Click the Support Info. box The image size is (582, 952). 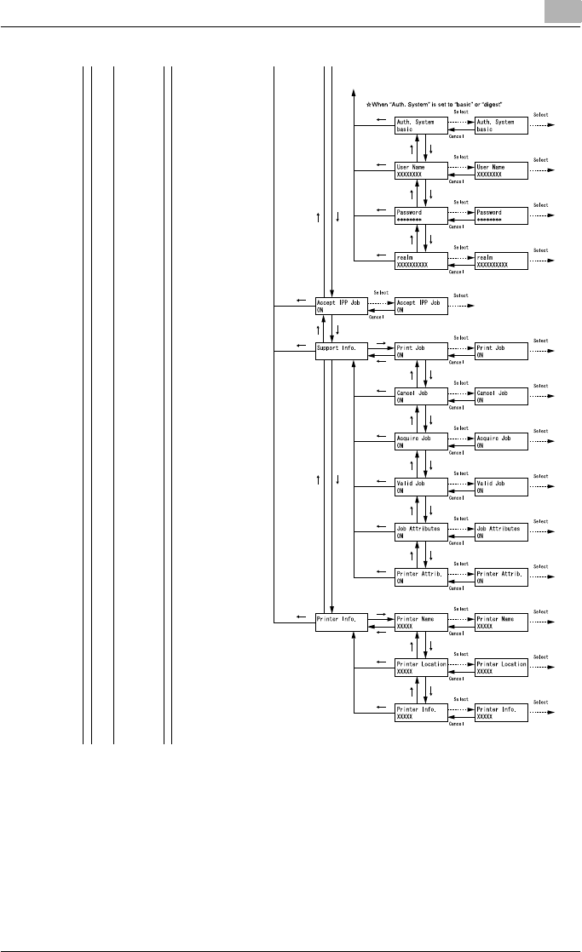pyautogui.click(x=341, y=351)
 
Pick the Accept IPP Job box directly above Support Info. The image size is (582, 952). pyautogui.click(x=341, y=307)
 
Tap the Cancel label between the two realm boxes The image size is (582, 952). pyautogui.click(x=457, y=272)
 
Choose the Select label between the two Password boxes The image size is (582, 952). pyautogui.click(x=461, y=204)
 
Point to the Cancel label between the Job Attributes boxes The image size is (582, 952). pyautogui.click(x=457, y=542)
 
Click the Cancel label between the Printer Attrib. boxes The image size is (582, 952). pyautogui.click(x=457, y=588)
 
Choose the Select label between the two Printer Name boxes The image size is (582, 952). pyautogui.click(x=461, y=609)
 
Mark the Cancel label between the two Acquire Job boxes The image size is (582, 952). pyautogui.click(x=457, y=452)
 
